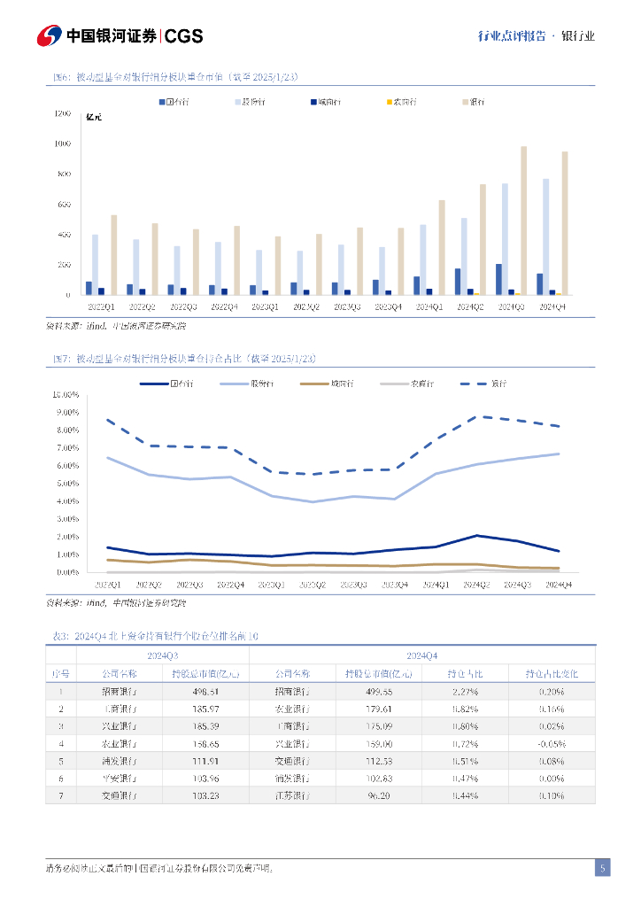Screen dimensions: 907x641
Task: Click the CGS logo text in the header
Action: [184, 35]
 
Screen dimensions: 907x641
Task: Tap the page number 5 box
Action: [602, 868]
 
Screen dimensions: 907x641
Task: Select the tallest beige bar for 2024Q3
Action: [523, 220]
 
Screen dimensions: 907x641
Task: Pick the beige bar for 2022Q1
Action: [113, 254]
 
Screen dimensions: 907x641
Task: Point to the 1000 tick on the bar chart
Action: [62, 143]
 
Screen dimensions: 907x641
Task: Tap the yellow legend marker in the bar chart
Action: [390, 102]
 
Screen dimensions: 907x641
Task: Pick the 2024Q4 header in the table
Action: [421, 655]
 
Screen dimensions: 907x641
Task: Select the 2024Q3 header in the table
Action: [163, 655]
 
